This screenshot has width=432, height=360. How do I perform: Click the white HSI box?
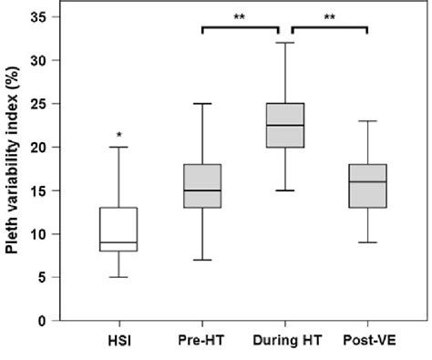point(118,229)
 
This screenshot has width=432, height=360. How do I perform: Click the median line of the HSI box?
point(118,242)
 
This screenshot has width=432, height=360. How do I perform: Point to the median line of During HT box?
point(284,125)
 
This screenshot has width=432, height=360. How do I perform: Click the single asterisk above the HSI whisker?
point(118,136)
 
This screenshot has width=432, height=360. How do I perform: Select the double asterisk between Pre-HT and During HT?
point(242,16)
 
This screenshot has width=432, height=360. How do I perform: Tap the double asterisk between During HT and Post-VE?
point(325,16)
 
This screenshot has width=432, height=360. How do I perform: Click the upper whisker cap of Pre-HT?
point(201,103)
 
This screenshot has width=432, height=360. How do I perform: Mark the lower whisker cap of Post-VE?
point(366,242)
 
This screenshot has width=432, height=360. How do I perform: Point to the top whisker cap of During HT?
point(284,43)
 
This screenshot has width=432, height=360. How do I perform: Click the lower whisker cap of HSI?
point(118,277)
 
